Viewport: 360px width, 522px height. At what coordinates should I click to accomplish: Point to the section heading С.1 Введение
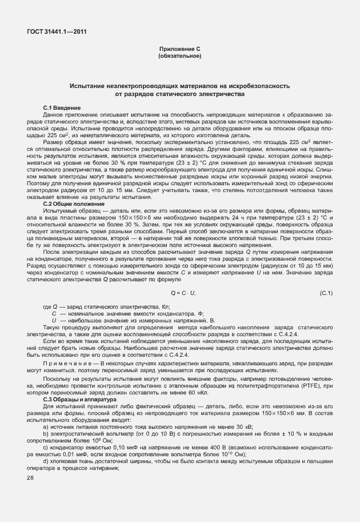(62, 108)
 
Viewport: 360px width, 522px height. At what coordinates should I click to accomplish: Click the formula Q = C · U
(180, 293)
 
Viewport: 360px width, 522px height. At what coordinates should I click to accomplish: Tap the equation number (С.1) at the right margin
(326, 293)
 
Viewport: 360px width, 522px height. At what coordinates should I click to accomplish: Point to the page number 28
(31, 476)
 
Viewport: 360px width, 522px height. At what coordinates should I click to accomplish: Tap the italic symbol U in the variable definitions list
(54, 320)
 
